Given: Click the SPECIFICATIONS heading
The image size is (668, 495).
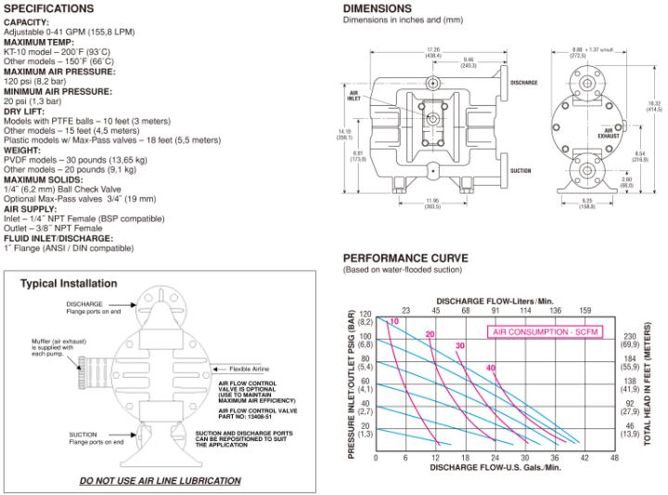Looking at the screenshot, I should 49,8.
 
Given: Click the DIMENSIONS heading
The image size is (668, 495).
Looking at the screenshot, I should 378,8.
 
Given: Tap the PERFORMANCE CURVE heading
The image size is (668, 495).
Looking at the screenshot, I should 405,258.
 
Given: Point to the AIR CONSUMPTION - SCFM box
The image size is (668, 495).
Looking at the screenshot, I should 545,331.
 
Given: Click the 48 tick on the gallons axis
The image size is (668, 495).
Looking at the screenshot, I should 614,458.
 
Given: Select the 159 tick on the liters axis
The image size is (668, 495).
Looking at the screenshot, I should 584,310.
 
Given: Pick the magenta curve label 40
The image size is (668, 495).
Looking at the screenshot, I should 490,368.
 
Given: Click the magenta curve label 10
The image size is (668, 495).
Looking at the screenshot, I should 394,321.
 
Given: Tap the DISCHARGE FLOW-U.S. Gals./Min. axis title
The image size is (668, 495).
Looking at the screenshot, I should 495,467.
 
